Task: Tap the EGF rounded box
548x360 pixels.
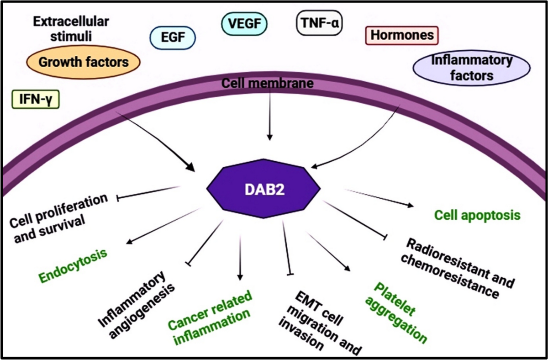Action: [x=173, y=38]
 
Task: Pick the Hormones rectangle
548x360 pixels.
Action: [x=402, y=35]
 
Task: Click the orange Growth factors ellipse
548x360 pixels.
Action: [x=83, y=62]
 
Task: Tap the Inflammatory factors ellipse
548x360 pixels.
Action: [x=472, y=67]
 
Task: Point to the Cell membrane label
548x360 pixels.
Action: [x=268, y=83]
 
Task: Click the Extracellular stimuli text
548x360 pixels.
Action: [x=71, y=28]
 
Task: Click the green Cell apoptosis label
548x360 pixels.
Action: [x=477, y=215]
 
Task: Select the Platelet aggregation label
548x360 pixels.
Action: [x=400, y=312]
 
